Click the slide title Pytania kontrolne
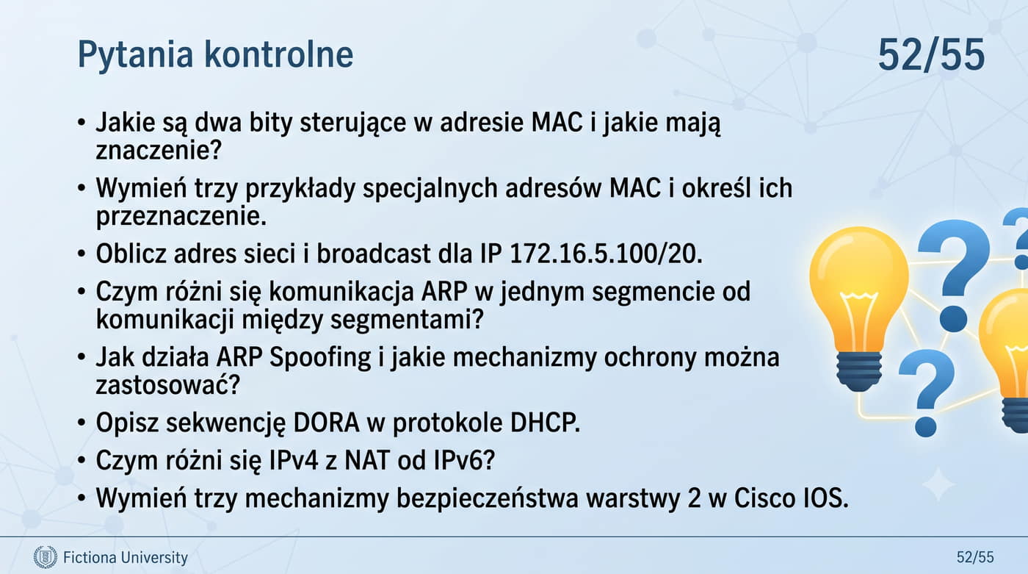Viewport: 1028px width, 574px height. (x=215, y=54)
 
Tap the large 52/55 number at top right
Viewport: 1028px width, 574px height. (x=931, y=54)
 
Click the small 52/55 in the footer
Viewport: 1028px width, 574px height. (x=975, y=557)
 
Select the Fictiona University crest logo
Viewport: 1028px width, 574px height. (x=46, y=557)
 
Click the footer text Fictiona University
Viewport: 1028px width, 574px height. (x=126, y=558)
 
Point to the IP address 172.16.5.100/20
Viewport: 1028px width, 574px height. (x=606, y=254)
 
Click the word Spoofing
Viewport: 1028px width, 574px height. (x=320, y=358)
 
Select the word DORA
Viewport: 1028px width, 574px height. (x=326, y=423)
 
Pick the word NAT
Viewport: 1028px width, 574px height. (x=364, y=460)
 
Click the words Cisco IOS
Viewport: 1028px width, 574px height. (x=791, y=498)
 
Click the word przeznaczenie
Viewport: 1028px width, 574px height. (x=181, y=216)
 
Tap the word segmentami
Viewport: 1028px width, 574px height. (x=407, y=320)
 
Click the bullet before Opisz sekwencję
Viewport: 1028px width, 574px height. (x=82, y=423)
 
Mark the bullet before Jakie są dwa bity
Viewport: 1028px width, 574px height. (x=82, y=123)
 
